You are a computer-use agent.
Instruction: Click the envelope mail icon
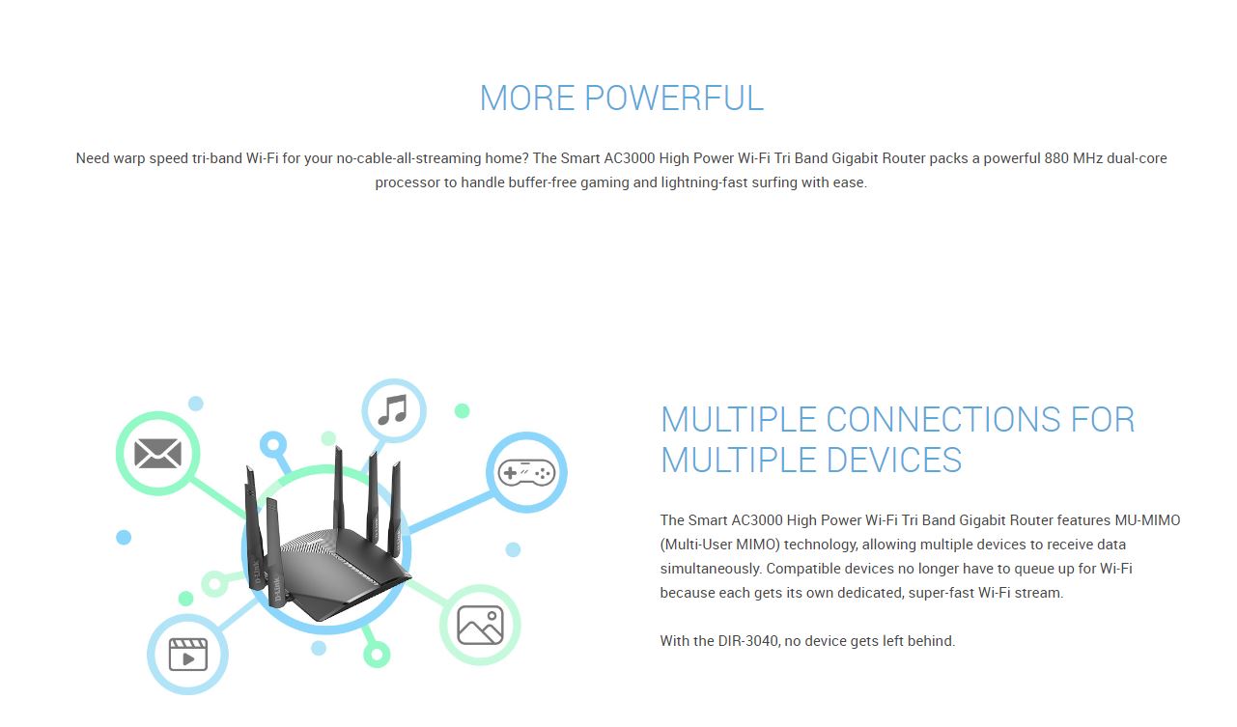click(x=158, y=453)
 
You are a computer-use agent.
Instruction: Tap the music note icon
click(x=393, y=410)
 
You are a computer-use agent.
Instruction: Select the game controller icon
click(x=526, y=472)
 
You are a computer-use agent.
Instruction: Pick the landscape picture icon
click(x=481, y=625)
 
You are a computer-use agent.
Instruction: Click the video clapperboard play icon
click(x=187, y=655)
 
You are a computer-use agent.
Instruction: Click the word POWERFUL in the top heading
click(x=674, y=98)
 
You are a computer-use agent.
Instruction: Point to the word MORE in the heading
click(x=527, y=98)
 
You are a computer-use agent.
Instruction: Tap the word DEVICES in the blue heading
click(x=894, y=461)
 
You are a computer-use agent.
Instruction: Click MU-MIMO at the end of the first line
click(x=1147, y=520)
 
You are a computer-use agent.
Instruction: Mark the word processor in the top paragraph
click(x=408, y=182)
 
